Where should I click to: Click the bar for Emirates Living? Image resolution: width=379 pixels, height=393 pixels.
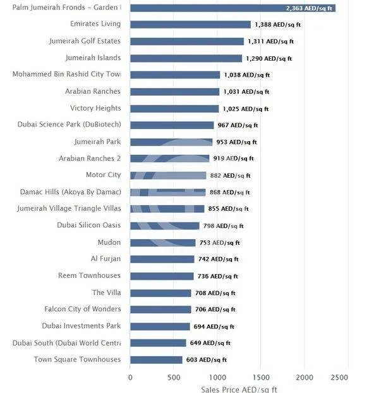(190, 25)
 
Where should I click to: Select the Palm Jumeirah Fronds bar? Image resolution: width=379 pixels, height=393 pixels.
(232, 8)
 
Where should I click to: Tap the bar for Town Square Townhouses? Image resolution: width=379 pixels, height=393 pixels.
(156, 359)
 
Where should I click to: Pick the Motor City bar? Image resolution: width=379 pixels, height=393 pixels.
(168, 175)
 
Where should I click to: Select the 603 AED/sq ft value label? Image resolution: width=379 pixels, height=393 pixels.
(206, 359)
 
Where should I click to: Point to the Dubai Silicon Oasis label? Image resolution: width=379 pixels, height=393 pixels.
(88, 225)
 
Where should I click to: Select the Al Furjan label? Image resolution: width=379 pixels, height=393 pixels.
(105, 259)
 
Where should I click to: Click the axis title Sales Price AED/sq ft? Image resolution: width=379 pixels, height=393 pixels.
(238, 389)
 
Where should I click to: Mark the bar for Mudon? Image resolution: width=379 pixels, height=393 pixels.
(163, 242)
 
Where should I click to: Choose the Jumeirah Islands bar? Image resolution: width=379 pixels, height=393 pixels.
(186, 58)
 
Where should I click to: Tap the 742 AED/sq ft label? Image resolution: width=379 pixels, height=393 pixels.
(218, 259)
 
